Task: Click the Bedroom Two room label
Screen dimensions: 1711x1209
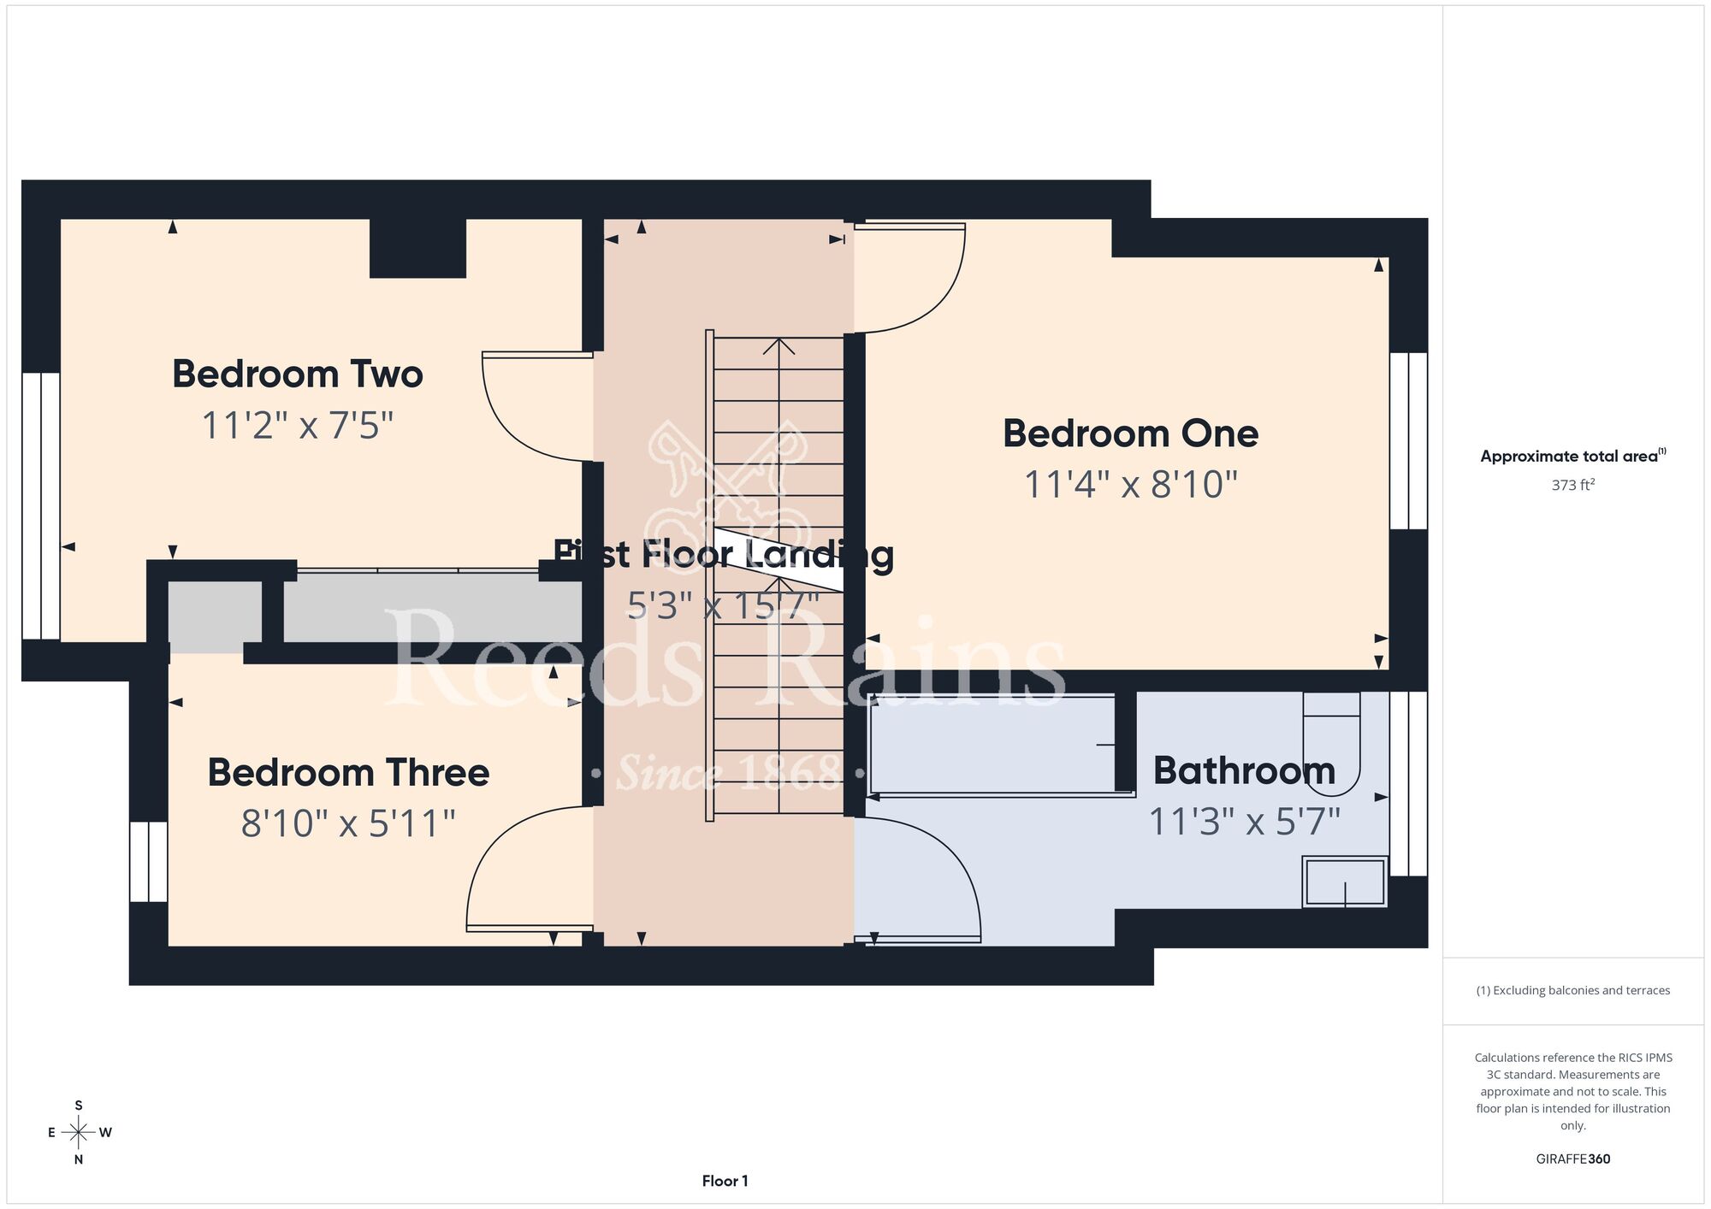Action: pyautogui.click(x=298, y=374)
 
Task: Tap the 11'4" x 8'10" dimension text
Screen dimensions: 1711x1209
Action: pyautogui.click(x=1131, y=484)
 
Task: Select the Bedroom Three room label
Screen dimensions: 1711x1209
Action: pyautogui.click(x=348, y=772)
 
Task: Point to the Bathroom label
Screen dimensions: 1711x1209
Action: pyautogui.click(x=1244, y=770)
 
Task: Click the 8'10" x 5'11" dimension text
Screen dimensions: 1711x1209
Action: pyautogui.click(x=347, y=823)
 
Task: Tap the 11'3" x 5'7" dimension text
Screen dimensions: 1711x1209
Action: pyautogui.click(x=1244, y=822)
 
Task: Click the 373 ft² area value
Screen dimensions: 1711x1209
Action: pyautogui.click(x=1573, y=485)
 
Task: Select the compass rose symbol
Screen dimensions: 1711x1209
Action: pyautogui.click(x=79, y=1133)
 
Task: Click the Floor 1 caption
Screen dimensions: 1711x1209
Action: pyautogui.click(x=725, y=1181)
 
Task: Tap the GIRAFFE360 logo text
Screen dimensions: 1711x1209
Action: pyautogui.click(x=1573, y=1159)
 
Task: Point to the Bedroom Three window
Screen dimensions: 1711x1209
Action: pyautogui.click(x=149, y=862)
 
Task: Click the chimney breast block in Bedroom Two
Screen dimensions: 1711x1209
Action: pyautogui.click(x=417, y=248)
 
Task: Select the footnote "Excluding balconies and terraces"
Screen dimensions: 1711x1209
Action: pyautogui.click(x=1573, y=990)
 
